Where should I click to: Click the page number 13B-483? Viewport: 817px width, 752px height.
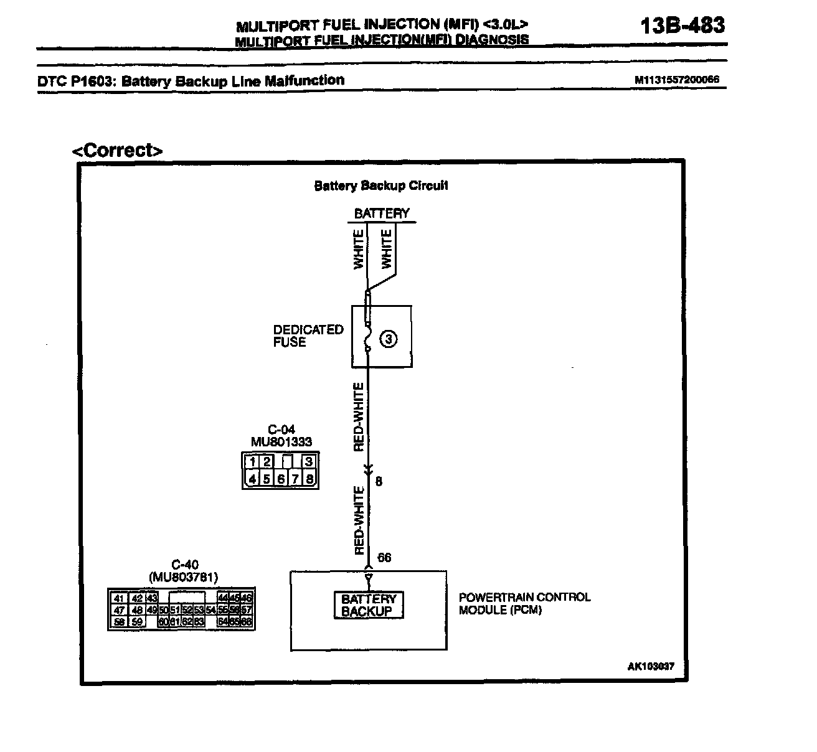pyautogui.click(x=682, y=25)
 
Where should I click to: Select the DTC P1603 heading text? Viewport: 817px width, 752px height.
pyautogui.click(x=191, y=81)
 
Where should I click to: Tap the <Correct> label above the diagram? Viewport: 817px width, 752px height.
pyautogui.click(x=118, y=150)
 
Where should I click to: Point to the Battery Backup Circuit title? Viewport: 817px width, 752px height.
pyautogui.click(x=381, y=186)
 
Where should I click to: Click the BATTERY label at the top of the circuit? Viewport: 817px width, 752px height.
pyautogui.click(x=382, y=214)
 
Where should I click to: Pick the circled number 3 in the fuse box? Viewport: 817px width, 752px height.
pyautogui.click(x=389, y=339)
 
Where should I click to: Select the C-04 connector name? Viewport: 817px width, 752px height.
pyautogui.click(x=281, y=430)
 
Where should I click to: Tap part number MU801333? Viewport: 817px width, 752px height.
pyautogui.click(x=281, y=441)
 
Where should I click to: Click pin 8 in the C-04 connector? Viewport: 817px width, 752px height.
pyautogui.click(x=309, y=479)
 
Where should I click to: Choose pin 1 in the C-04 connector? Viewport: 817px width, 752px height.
pyautogui.click(x=252, y=462)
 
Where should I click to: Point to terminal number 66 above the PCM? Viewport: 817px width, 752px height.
pyautogui.click(x=385, y=557)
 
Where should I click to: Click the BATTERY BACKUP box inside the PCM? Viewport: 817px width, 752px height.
pyautogui.click(x=369, y=605)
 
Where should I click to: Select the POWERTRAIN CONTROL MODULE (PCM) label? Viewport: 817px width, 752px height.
pyautogui.click(x=524, y=603)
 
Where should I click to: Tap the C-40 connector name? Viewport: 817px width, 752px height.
pyautogui.click(x=184, y=565)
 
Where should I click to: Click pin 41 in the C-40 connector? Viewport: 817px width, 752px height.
pyautogui.click(x=118, y=598)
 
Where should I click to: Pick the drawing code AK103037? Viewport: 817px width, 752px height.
pyautogui.click(x=650, y=666)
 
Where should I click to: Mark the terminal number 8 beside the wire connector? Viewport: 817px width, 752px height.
pyautogui.click(x=379, y=481)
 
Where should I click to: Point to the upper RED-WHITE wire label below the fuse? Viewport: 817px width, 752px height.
pyautogui.click(x=359, y=416)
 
